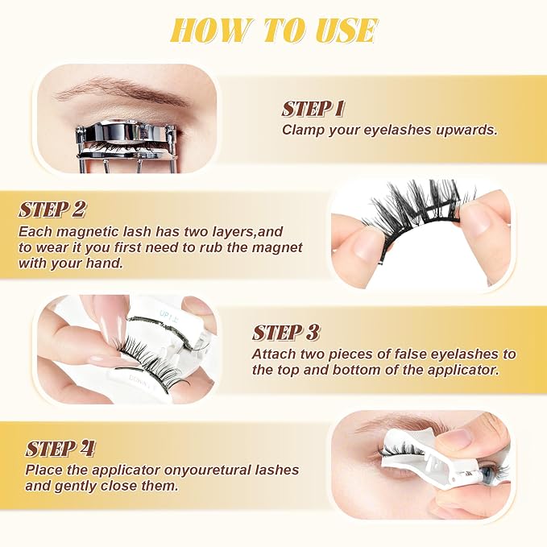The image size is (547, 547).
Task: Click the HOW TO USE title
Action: [274, 31]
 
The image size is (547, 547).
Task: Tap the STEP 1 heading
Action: [313, 109]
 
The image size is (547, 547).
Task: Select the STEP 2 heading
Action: [52, 209]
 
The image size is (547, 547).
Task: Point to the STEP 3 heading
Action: [286, 333]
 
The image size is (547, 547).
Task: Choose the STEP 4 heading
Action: [60, 449]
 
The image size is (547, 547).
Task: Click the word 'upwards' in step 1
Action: [466, 130]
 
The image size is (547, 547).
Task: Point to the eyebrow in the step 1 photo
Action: [122, 90]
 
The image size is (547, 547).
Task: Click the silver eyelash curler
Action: [126, 147]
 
